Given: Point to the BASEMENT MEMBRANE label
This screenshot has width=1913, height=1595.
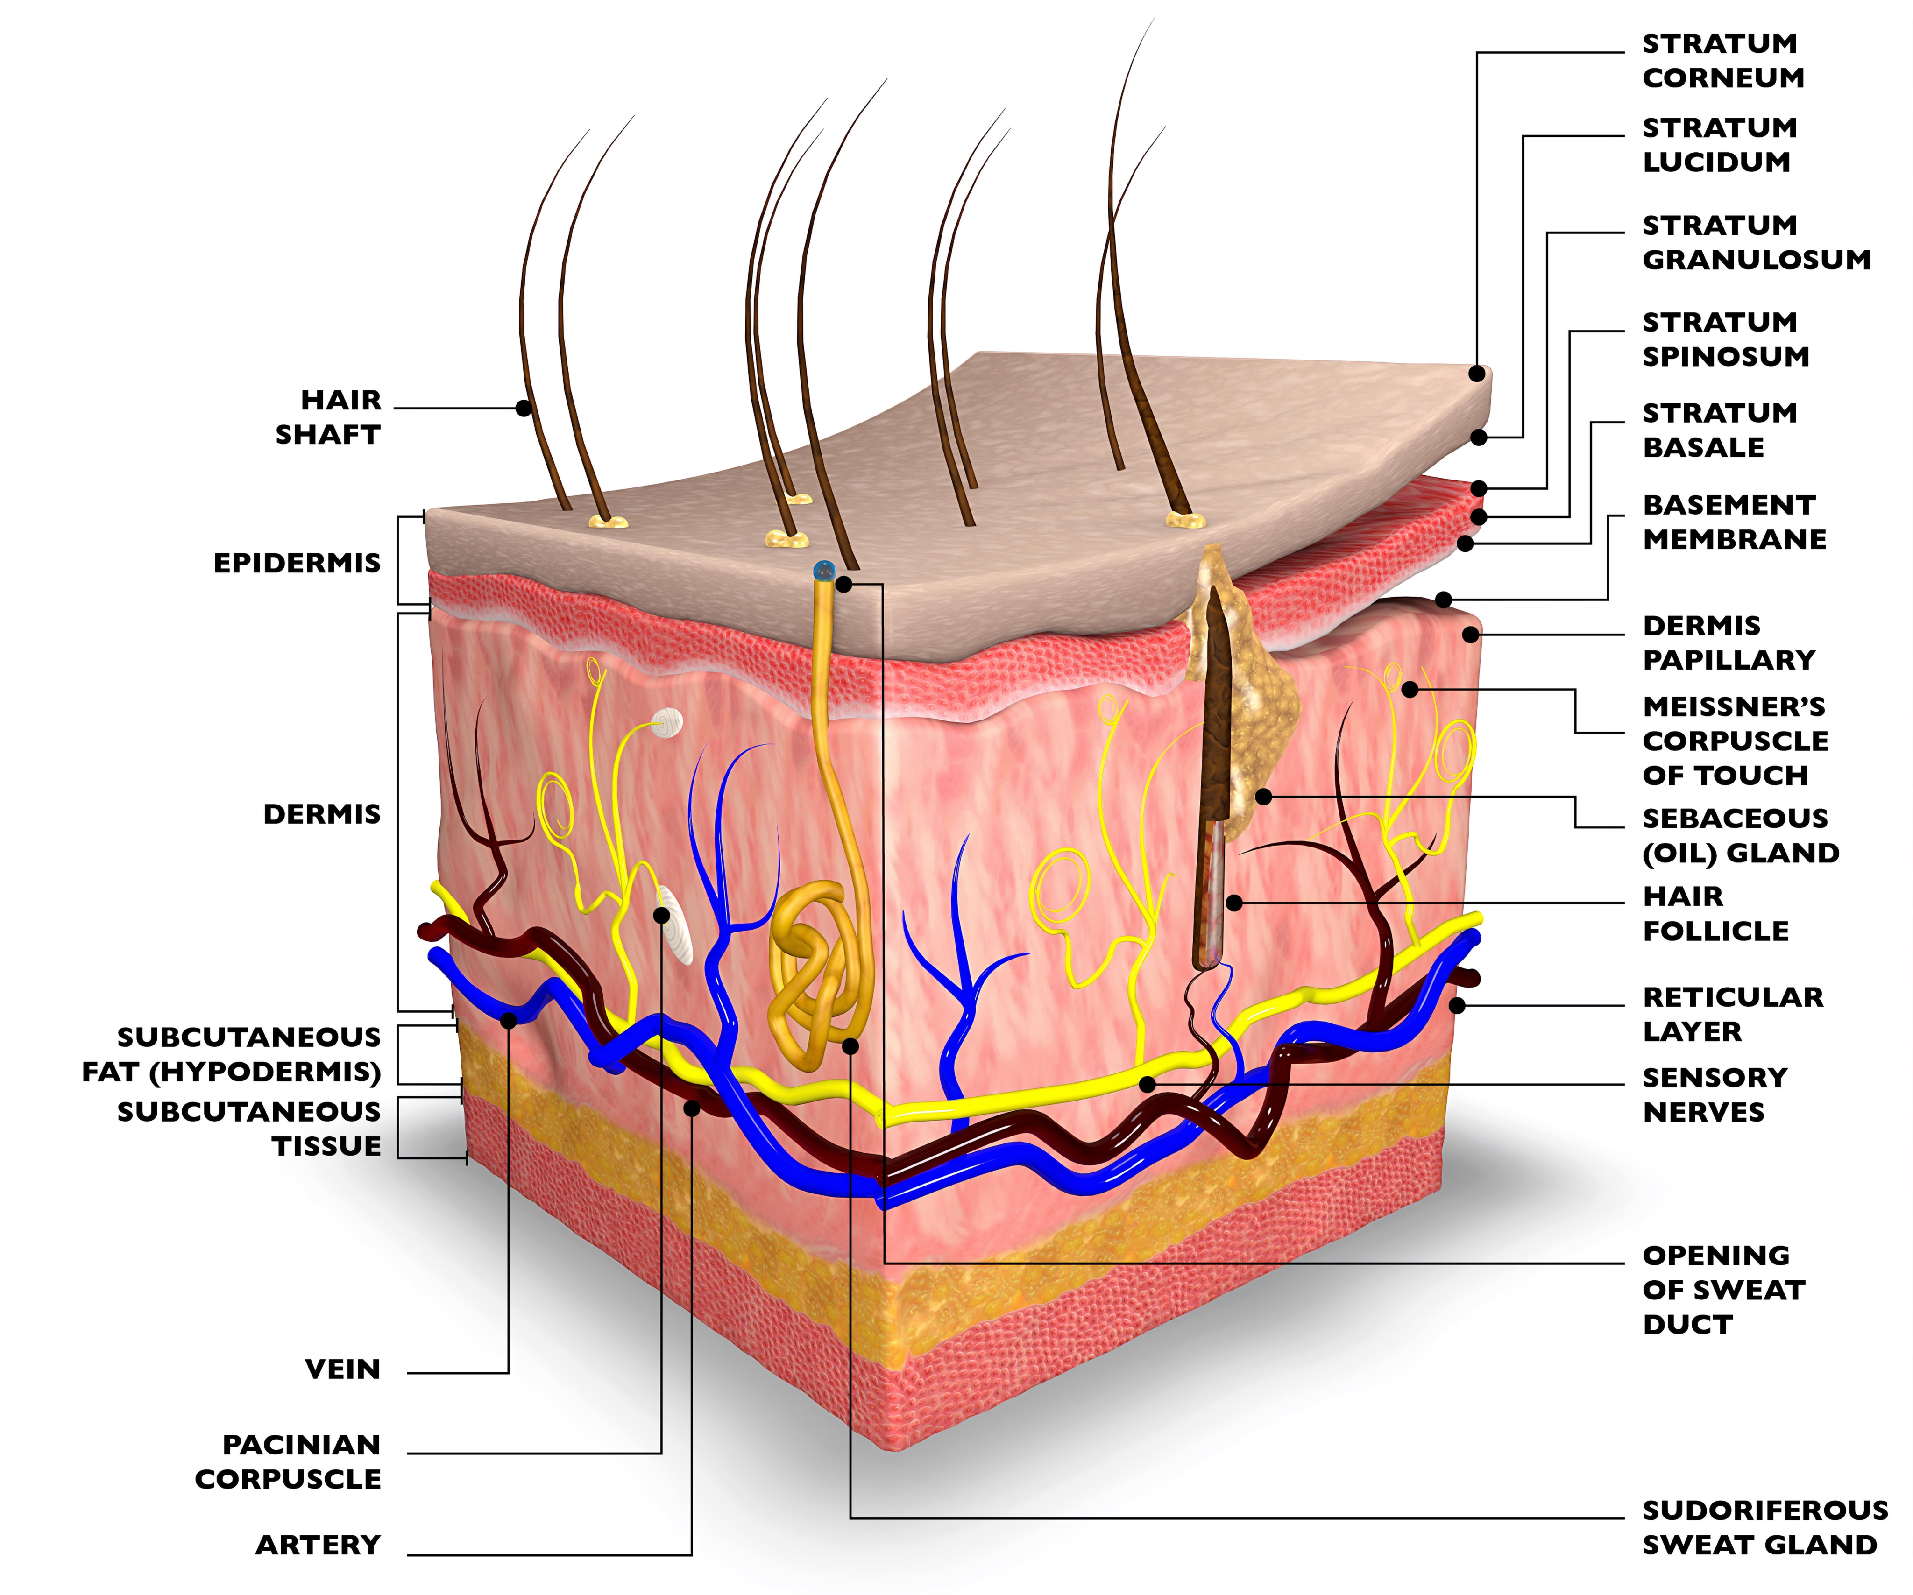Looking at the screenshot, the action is tap(1734, 522).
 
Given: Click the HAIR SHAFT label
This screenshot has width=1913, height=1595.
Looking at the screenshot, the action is tap(328, 417).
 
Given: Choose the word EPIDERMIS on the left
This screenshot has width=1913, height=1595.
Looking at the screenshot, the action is tap(297, 563).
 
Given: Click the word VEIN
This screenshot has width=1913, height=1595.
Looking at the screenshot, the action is tap(342, 1369).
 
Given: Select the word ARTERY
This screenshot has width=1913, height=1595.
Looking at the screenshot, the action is tap(318, 1545).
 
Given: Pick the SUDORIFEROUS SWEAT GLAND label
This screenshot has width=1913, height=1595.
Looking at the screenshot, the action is tap(1764, 1528).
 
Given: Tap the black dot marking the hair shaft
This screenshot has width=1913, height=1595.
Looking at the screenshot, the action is tap(524, 408).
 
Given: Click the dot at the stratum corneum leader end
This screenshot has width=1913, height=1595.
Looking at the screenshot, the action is tap(1477, 374).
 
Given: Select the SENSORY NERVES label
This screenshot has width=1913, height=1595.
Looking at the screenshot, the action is tap(1715, 1095).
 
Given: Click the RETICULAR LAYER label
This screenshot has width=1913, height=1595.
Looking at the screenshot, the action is tap(1732, 1014).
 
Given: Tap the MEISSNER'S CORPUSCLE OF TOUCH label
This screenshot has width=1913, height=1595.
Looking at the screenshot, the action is tap(1735, 741).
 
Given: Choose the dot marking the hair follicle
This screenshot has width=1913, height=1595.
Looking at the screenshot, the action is tap(1234, 903).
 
